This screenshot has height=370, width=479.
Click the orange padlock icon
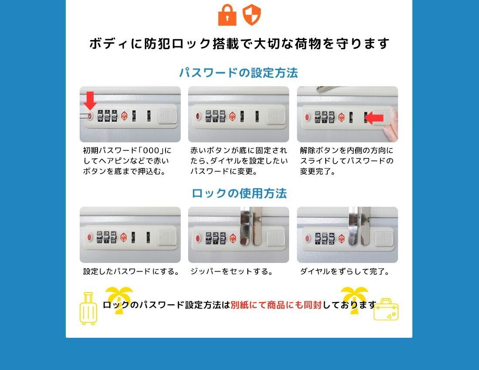coord(227,15)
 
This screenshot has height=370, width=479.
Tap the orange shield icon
coord(251,15)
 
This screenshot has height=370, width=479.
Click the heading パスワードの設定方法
coord(238,73)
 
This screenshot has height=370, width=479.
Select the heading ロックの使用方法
coord(239,193)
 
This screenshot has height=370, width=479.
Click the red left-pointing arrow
coord(374,118)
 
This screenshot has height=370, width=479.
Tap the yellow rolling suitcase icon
coord(88,309)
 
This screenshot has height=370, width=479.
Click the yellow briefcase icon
coord(386,309)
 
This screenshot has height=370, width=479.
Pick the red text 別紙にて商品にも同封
coord(276,305)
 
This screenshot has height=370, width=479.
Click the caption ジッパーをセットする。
coord(232,271)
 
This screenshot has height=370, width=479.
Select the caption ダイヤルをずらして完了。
coord(344,271)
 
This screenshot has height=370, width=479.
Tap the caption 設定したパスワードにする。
coord(132,271)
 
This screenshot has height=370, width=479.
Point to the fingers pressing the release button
coord(391,125)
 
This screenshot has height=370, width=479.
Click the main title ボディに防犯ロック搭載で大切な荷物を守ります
coord(239,44)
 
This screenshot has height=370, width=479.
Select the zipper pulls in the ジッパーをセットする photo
coord(251,226)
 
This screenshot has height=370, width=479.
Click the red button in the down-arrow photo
coord(90,116)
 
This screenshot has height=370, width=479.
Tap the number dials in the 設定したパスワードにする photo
coord(107,237)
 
